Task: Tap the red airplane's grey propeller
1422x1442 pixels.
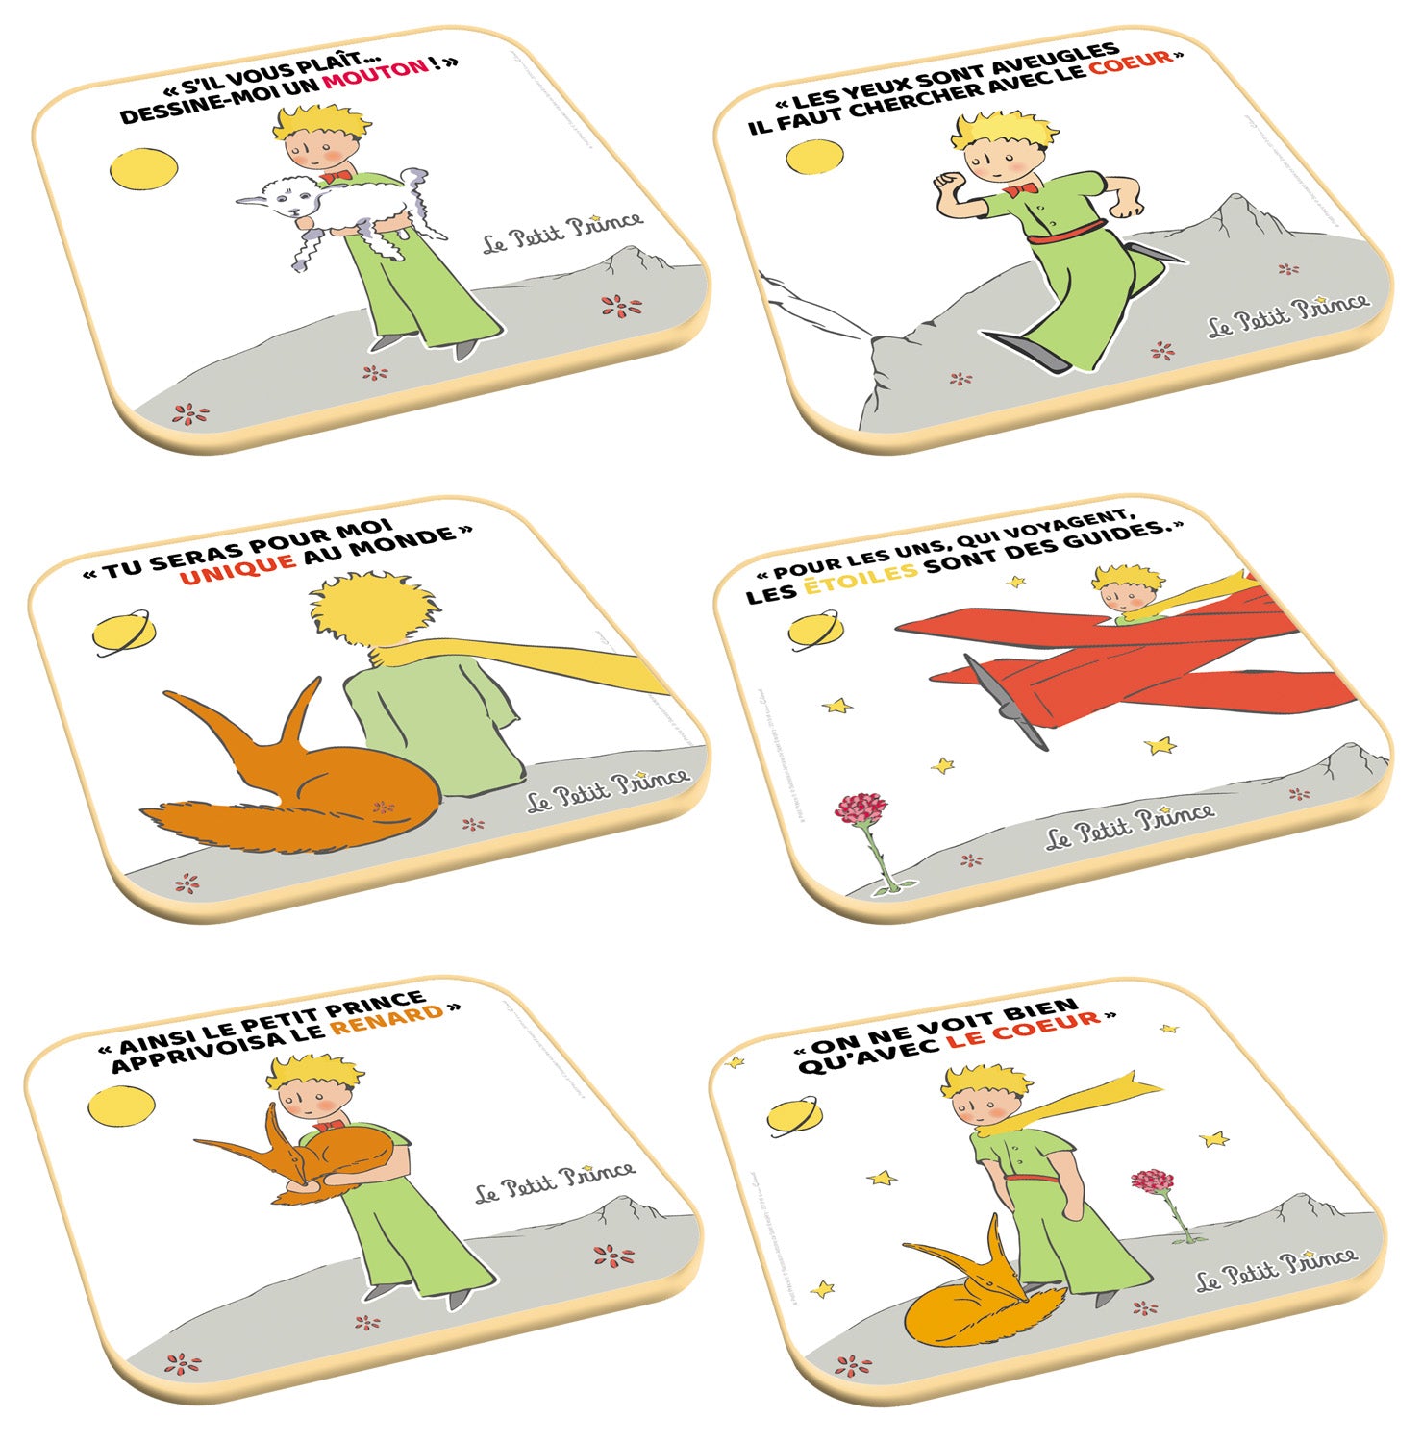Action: [x=1006, y=701]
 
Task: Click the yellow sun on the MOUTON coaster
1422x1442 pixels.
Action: [x=143, y=168]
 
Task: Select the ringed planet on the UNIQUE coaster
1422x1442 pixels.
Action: [x=122, y=632]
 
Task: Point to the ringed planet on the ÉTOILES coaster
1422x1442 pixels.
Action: [x=815, y=630]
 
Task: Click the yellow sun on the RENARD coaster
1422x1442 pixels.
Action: [x=121, y=1105]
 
